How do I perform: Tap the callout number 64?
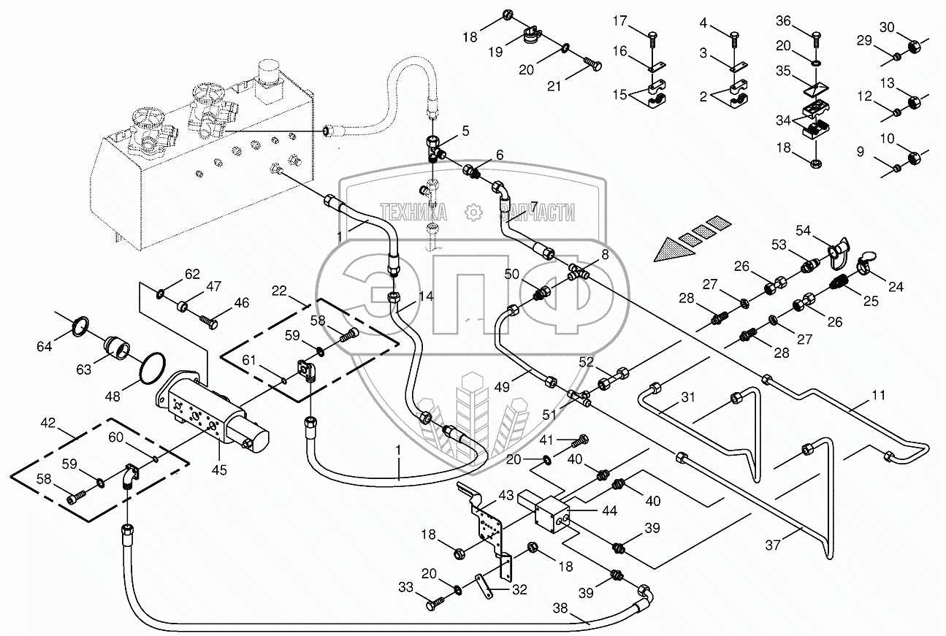tap(45, 346)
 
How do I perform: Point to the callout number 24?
tap(896, 287)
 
